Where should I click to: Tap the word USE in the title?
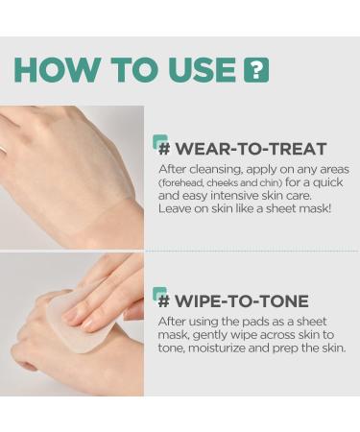coord(198,70)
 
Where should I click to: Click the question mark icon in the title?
coord(256,70)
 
